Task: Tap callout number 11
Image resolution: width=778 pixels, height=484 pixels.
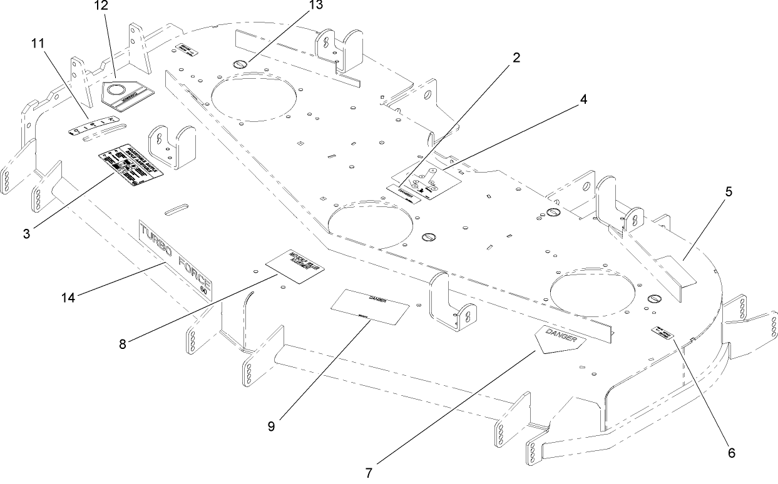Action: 39,44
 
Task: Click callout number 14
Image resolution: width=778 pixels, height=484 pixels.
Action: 68,298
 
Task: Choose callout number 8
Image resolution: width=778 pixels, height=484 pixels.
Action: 123,344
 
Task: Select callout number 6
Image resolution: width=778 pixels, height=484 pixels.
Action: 730,451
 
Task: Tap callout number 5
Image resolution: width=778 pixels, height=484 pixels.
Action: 729,192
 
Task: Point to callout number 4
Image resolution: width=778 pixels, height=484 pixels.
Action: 583,99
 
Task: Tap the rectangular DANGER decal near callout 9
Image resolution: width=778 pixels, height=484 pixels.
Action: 369,306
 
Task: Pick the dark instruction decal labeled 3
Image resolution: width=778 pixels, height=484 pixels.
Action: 130,167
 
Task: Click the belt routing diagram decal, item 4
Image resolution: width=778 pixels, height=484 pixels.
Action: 426,179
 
